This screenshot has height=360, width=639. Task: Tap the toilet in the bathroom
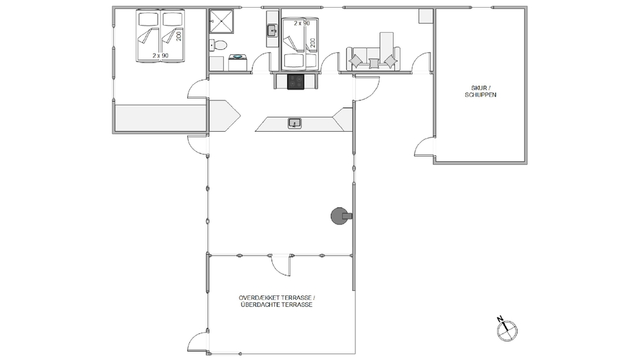(219, 45)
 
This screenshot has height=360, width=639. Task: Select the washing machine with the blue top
(237, 63)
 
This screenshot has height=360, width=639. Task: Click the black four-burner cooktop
(295, 82)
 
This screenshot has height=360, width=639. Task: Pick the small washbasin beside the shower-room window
(272, 31)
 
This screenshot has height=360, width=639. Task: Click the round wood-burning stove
(341, 216)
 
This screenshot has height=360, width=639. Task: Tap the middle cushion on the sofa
(374, 63)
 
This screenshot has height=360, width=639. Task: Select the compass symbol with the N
(507, 329)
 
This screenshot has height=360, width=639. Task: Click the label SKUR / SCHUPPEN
(481, 91)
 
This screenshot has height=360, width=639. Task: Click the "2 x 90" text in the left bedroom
(160, 56)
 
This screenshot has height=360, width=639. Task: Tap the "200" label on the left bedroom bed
(178, 36)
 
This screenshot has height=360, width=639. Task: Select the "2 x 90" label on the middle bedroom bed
(302, 23)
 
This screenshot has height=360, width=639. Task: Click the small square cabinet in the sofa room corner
(426, 16)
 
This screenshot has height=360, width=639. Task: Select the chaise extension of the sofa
(387, 45)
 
